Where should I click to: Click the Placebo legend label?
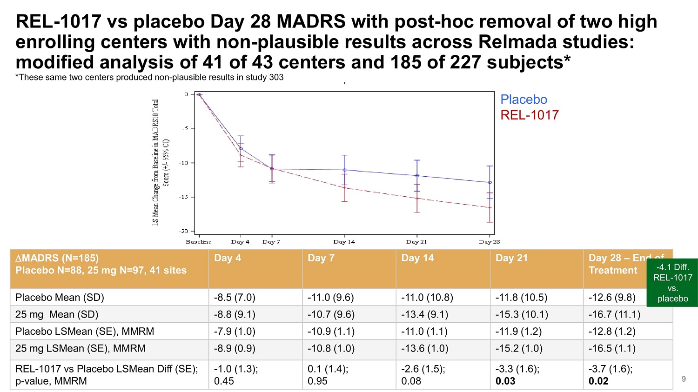click(x=523, y=100)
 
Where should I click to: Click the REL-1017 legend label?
click(x=529, y=115)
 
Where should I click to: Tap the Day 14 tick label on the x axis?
click(x=344, y=242)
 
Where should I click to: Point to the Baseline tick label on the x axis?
click(x=199, y=242)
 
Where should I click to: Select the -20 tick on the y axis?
click(x=185, y=231)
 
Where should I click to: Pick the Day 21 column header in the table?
click(x=511, y=258)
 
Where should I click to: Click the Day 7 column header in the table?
click(x=321, y=258)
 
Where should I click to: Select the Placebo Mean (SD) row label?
click(x=60, y=298)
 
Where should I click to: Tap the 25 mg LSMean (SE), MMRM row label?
click(x=80, y=348)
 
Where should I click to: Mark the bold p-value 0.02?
click(x=598, y=381)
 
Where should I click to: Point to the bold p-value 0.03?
click(x=505, y=381)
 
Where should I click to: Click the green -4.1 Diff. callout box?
click(x=672, y=283)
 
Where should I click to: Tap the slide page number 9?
click(x=684, y=379)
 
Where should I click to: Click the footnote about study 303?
click(x=149, y=77)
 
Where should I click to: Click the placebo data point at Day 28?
click(x=490, y=182)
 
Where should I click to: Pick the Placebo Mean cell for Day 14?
click(x=427, y=298)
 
